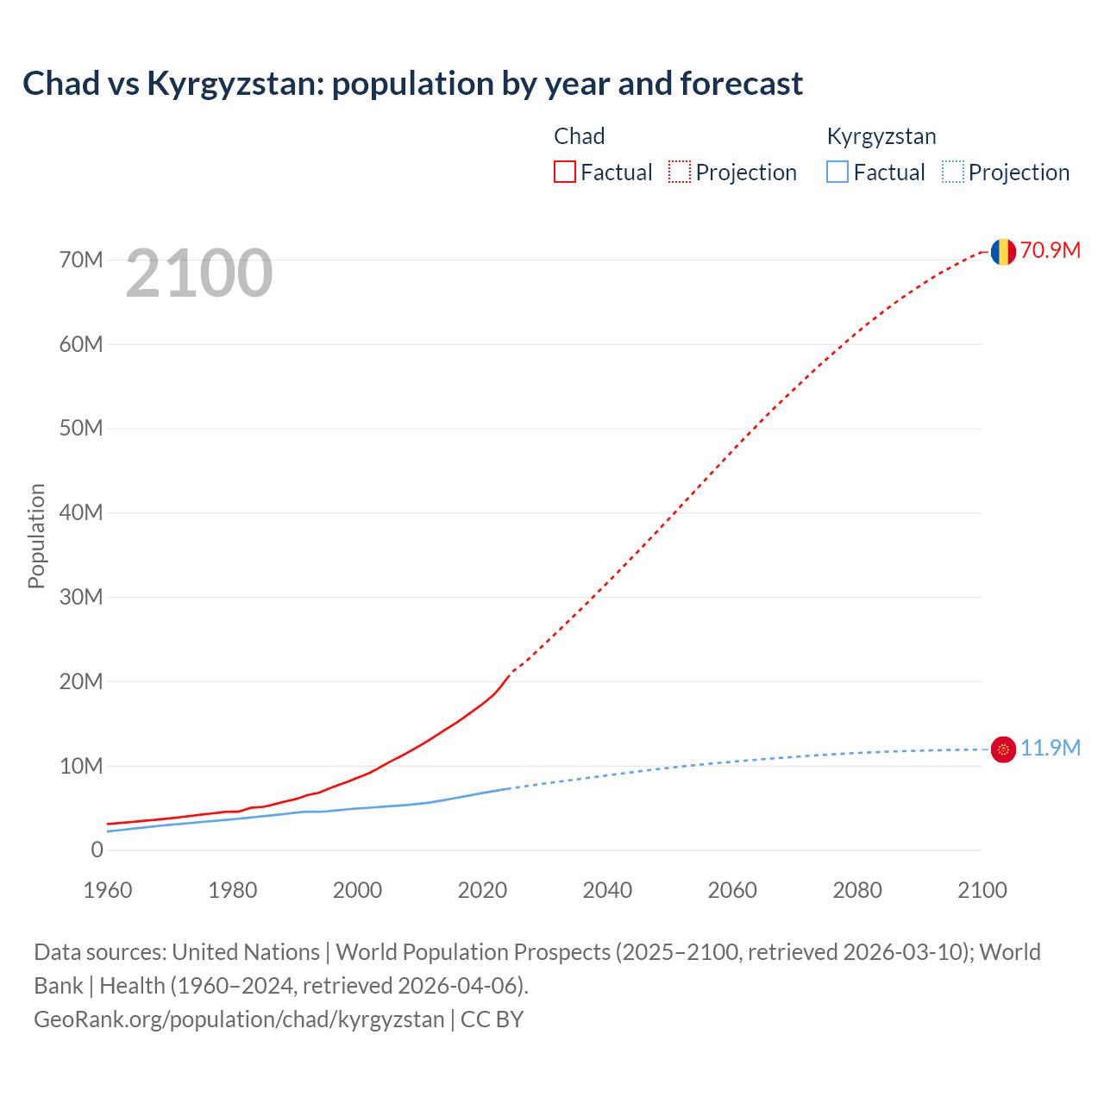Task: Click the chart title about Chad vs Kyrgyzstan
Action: [x=412, y=84]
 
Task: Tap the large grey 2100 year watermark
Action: [x=199, y=273]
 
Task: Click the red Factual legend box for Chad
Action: [x=565, y=172]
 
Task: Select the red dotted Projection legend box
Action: [x=680, y=172]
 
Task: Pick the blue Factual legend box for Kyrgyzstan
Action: [x=837, y=172]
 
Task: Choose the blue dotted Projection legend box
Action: [x=952, y=172]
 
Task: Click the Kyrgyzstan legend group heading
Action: [x=881, y=136]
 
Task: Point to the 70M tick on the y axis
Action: [x=81, y=260]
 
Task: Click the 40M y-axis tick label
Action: [x=81, y=512]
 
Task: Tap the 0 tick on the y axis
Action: [x=97, y=850]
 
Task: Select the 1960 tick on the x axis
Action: [x=108, y=890]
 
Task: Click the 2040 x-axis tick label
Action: [x=607, y=890]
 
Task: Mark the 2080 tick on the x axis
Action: [x=857, y=890]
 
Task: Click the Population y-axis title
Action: [x=36, y=536]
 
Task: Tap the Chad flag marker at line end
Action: [x=1003, y=252]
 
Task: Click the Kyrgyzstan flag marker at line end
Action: [x=1003, y=750]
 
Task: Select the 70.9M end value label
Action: [x=1050, y=250]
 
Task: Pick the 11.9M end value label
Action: [x=1050, y=748]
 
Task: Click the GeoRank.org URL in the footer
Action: [x=239, y=1019]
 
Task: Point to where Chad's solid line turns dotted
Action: [x=511, y=673]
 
